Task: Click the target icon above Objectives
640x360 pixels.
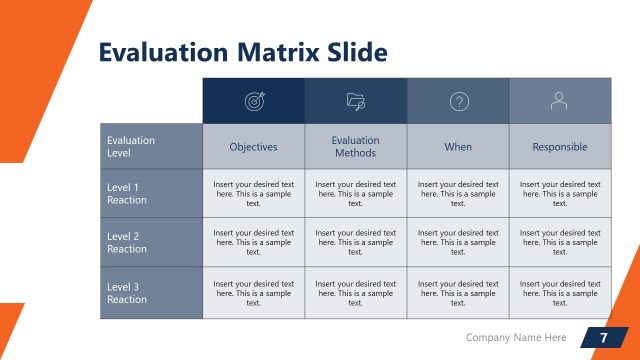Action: (254, 101)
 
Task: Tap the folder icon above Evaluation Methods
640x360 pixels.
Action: (356, 101)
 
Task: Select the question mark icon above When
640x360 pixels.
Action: (458, 101)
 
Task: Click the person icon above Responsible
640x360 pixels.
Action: (560, 101)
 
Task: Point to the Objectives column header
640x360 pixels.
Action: (254, 147)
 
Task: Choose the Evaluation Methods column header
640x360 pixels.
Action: (356, 147)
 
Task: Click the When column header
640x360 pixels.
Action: (458, 147)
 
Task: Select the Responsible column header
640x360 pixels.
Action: (560, 147)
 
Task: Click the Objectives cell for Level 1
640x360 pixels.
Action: (254, 194)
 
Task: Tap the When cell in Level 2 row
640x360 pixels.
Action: (458, 243)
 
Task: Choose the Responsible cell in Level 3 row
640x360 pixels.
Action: (560, 293)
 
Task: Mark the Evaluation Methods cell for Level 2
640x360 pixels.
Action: (356, 243)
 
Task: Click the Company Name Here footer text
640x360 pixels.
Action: (516, 338)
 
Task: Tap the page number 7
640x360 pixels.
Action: (603, 338)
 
